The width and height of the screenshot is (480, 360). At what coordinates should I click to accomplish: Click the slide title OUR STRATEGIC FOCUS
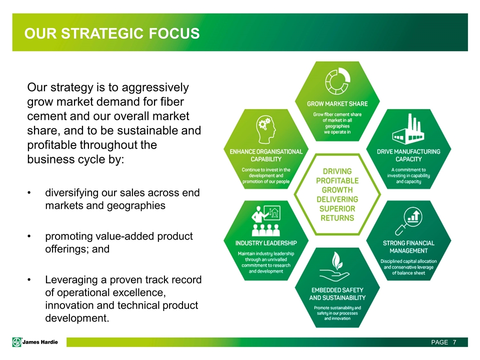(x=112, y=33)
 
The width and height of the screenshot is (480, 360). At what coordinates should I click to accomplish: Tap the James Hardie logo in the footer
(x=35, y=342)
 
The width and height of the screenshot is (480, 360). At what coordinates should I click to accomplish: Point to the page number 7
(x=454, y=342)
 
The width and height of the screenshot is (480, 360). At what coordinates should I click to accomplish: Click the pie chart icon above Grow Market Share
(x=337, y=81)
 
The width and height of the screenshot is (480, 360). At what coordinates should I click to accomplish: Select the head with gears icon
(x=265, y=129)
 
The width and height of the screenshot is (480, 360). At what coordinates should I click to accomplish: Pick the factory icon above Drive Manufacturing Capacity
(x=408, y=129)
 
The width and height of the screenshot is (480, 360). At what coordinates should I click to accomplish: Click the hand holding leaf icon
(x=334, y=266)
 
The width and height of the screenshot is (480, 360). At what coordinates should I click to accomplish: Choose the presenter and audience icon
(x=265, y=220)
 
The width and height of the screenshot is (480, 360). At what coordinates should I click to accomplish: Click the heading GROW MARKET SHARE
(x=337, y=104)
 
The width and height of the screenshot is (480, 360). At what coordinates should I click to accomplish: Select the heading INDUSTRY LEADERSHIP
(x=266, y=243)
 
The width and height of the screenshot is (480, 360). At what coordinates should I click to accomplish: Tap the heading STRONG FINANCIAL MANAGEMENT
(x=408, y=246)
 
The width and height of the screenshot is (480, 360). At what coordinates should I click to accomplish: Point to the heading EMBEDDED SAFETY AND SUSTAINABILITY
(x=337, y=294)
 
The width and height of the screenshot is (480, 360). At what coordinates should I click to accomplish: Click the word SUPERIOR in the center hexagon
(x=337, y=209)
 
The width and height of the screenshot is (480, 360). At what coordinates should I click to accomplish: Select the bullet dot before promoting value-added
(x=29, y=236)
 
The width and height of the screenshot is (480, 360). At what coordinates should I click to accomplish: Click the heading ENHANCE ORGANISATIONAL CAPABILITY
(x=266, y=155)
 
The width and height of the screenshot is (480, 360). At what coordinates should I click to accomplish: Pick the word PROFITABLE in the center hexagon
(x=337, y=180)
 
